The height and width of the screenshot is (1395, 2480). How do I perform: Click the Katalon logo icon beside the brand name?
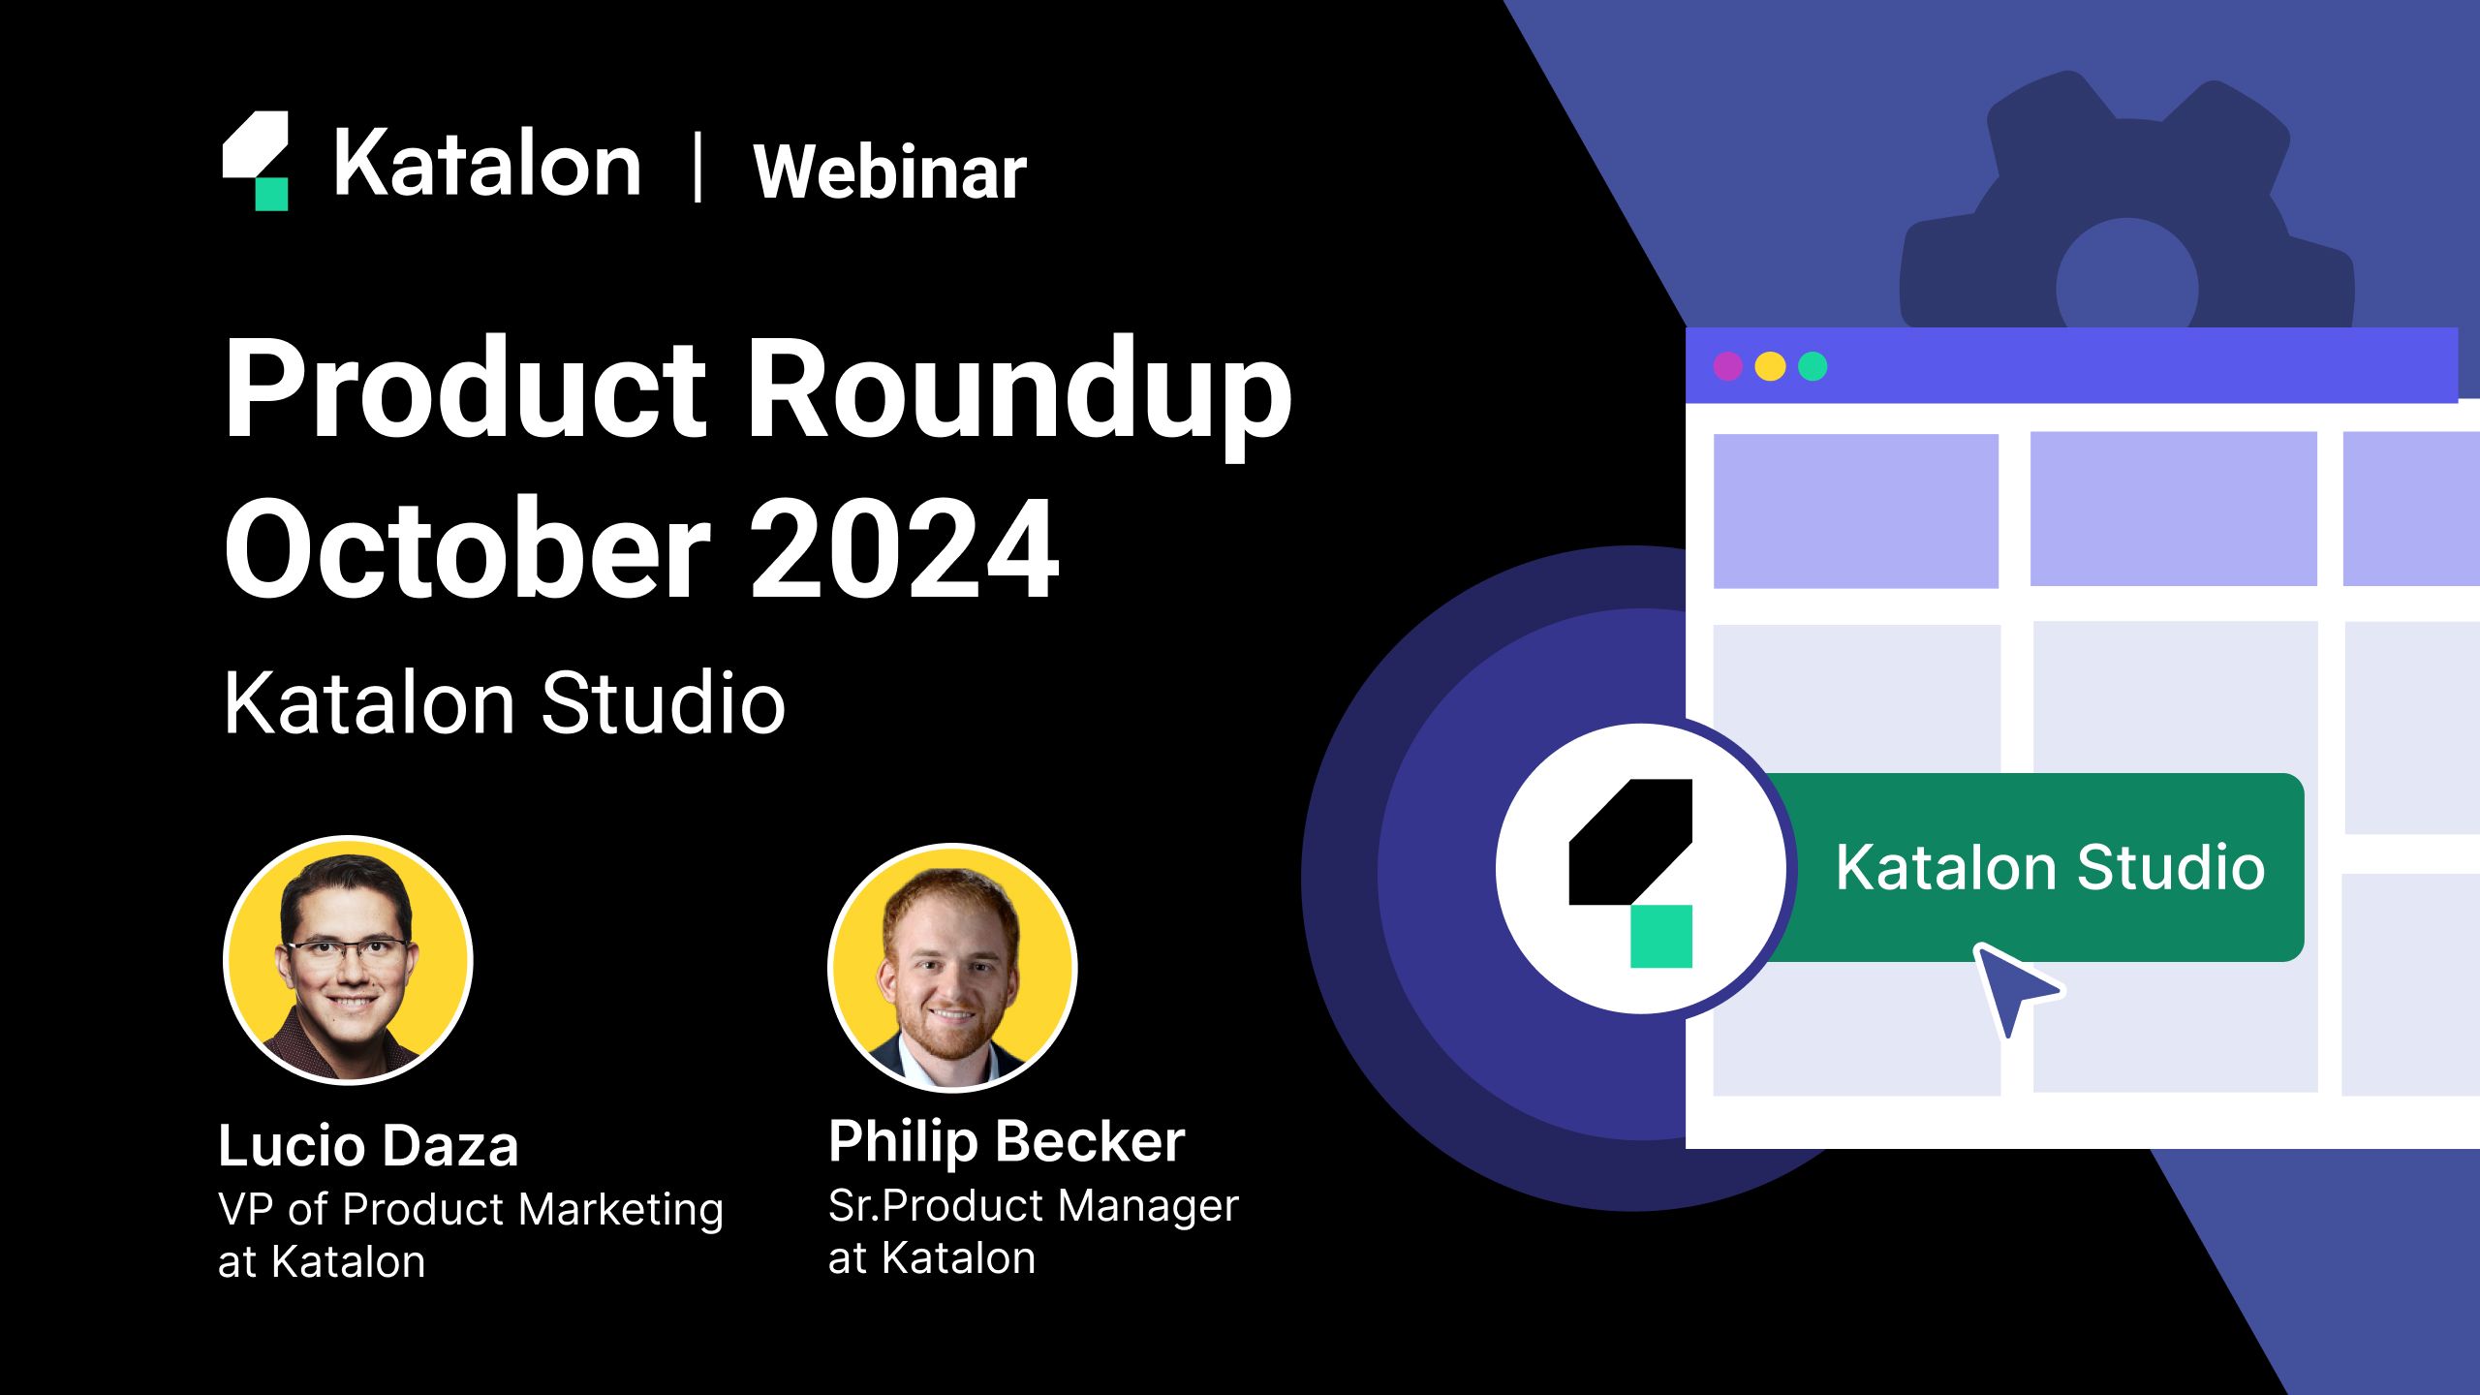(256, 161)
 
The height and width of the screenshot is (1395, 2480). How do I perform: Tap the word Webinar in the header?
(889, 172)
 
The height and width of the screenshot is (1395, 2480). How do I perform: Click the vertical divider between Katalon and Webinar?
(697, 169)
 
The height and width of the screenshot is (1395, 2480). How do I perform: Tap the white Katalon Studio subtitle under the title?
(504, 703)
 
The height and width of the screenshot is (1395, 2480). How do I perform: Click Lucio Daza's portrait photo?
(349, 959)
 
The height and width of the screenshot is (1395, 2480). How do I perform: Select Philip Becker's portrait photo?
(952, 967)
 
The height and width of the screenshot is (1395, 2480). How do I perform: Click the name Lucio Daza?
(368, 1146)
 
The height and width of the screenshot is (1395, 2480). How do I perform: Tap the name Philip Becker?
(1006, 1141)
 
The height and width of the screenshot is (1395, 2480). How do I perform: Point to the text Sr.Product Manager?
(1033, 1206)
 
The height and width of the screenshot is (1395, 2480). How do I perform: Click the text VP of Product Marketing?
(470, 1210)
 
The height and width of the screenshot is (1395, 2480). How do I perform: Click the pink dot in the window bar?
(1727, 366)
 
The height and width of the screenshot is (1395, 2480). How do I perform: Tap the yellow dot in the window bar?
(1770, 366)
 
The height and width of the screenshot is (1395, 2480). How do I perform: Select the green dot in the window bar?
(1813, 366)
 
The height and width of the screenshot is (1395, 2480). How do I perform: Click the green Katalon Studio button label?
(2050, 867)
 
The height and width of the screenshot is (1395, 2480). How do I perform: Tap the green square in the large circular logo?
(1660, 936)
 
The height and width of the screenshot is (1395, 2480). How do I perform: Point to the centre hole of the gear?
(2126, 281)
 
